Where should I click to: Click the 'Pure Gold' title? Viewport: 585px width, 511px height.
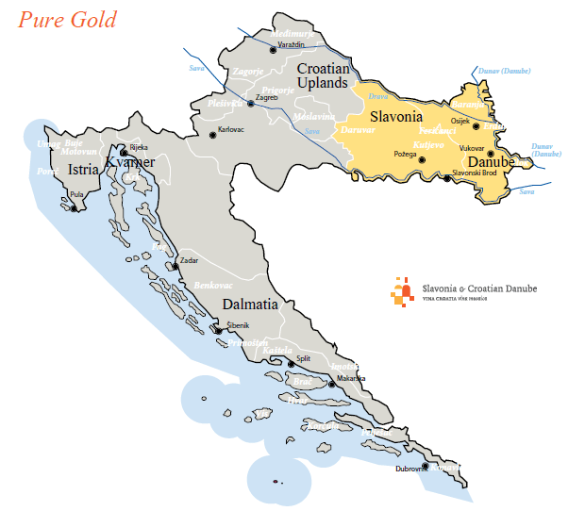click(67, 19)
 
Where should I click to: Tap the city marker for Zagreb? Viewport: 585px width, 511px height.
click(250, 103)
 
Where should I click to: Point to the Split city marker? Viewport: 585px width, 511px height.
click(290, 364)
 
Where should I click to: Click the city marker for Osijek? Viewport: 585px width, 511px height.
click(476, 125)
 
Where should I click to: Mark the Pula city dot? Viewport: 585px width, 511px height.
click(73, 206)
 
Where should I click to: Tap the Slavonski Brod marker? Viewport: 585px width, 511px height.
click(447, 177)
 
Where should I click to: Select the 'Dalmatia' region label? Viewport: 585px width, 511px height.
click(249, 305)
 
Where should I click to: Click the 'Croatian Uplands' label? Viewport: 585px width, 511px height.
click(323, 76)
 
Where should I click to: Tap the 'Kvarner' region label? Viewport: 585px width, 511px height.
click(129, 162)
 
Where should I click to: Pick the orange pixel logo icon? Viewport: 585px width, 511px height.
click(402, 291)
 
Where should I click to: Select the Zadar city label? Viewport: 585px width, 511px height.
click(189, 259)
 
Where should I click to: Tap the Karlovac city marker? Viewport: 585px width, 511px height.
click(212, 136)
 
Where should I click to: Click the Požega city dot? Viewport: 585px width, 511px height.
click(422, 160)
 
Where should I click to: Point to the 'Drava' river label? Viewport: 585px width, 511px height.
click(377, 96)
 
